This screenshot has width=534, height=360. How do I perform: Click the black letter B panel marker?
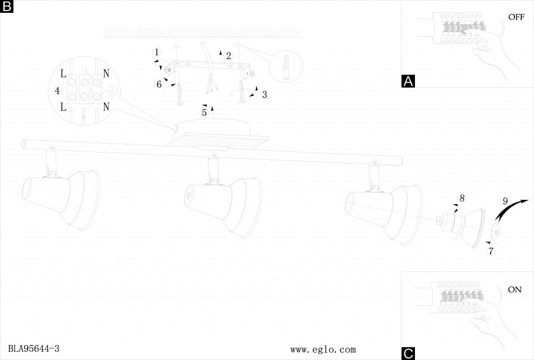click(x=7, y=7)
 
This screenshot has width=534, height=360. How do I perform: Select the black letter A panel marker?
click(x=408, y=81)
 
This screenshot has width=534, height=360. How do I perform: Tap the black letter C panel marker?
click(x=408, y=353)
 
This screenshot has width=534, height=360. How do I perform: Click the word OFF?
click(x=516, y=17)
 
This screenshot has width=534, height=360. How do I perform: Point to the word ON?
click(x=515, y=289)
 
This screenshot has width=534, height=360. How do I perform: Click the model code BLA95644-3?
click(x=34, y=349)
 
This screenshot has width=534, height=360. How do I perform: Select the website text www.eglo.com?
click(x=323, y=349)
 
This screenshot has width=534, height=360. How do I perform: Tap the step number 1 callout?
click(x=157, y=52)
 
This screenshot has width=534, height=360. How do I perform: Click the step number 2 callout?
click(x=228, y=56)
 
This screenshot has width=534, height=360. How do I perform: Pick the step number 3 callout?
click(x=264, y=95)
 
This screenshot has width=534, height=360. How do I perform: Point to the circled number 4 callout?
click(x=57, y=91)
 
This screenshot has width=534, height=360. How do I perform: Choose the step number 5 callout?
click(x=204, y=112)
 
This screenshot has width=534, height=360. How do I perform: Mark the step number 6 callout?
click(x=159, y=84)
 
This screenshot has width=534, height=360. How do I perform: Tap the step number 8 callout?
click(x=462, y=198)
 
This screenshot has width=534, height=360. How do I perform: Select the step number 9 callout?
click(x=505, y=201)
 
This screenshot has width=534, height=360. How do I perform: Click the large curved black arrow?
click(x=511, y=210)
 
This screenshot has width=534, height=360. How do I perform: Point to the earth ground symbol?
click(x=111, y=91)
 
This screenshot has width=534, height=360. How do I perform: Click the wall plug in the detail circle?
click(x=286, y=68)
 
